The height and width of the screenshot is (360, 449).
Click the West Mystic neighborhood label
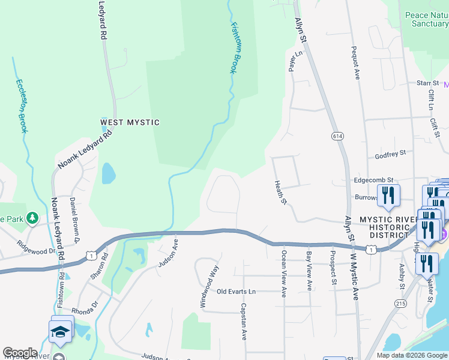pyautogui.click(x=130, y=122)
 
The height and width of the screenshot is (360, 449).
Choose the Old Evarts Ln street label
pyautogui.click(x=236, y=292)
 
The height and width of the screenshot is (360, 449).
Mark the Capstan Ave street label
pyautogui.click(x=244, y=321)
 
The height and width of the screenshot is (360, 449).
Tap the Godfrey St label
pyautogui.click(x=390, y=154)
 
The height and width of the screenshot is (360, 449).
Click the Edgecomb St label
pyautogui.click(x=373, y=179)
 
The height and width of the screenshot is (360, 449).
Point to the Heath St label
pyautogui.click(x=280, y=192)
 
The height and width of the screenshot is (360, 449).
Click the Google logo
pyautogui.click(x=19, y=353)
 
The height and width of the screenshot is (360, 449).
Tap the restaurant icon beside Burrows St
pyautogui.click(x=388, y=196)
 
